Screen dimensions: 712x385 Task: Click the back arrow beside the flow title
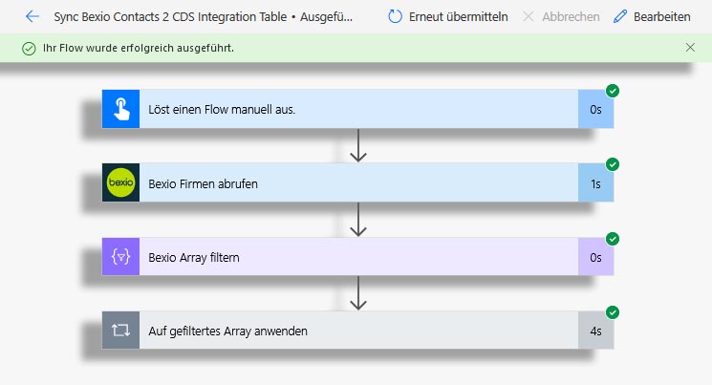pos(32,17)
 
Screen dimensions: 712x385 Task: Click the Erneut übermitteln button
pos(447,17)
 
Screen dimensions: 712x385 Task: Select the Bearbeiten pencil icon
pos(620,17)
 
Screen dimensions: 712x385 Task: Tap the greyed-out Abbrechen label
pos(571,17)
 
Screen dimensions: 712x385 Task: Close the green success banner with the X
pos(690,47)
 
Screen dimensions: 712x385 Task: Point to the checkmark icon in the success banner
pos(29,48)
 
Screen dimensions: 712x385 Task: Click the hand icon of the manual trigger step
pos(120,109)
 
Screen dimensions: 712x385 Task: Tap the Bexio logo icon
pos(120,182)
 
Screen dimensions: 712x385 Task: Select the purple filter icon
pos(120,257)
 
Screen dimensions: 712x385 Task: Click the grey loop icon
pos(120,330)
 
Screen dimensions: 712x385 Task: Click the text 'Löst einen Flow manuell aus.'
pos(222,110)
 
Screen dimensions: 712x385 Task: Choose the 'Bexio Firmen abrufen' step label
pos(203,183)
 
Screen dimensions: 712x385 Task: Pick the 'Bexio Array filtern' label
pos(194,257)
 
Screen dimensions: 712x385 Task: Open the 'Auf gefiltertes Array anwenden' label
pos(228,331)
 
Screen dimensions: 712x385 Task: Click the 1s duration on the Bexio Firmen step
pos(595,183)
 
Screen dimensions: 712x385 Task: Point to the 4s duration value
pos(595,331)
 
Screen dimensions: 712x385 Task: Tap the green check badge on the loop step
pos(613,312)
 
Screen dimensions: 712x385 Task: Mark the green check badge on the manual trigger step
pos(613,91)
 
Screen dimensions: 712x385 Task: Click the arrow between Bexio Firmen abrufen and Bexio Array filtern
pos(358,220)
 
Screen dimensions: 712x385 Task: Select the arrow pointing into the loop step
pos(358,293)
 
